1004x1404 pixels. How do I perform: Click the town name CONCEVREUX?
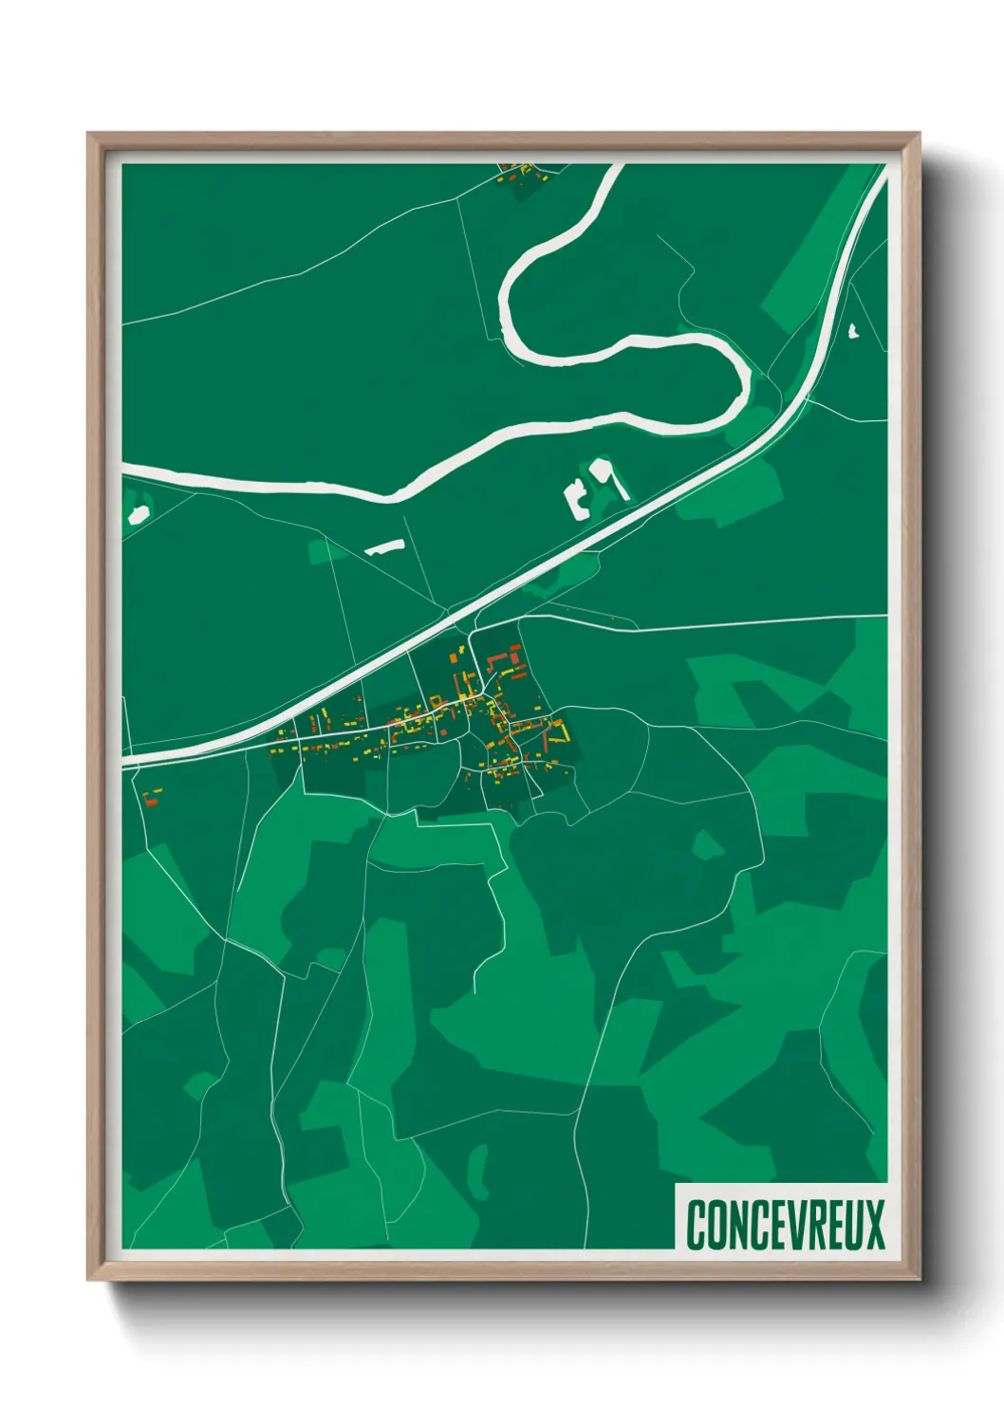coord(785,1224)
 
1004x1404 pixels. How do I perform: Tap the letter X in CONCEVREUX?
coord(874,1224)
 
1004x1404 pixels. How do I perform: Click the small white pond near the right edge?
coord(852,331)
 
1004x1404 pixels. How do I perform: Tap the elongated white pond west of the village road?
coord(385,546)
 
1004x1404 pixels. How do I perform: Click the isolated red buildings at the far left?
coord(151,796)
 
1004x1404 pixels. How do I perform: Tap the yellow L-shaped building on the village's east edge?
coord(559,733)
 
